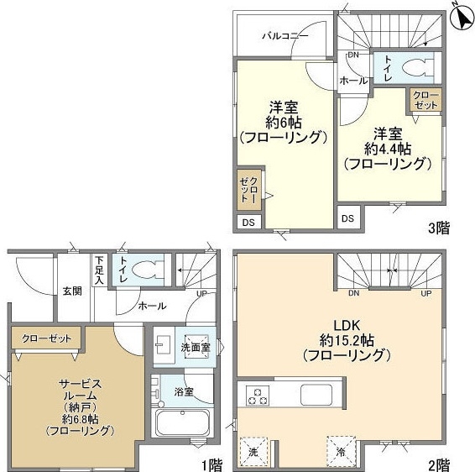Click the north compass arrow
coord(462,18)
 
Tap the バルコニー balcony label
coord(285,36)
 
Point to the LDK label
coord(347,326)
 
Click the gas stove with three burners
coord(258,396)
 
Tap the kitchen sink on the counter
coord(316,395)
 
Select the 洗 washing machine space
coord(253,453)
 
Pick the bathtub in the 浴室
coord(183,422)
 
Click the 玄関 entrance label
coord(73,291)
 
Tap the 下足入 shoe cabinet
coord(99,270)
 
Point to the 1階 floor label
coord(212,465)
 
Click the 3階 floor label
coord(439,228)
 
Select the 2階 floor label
coord(439,464)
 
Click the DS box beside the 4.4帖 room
coord(348,218)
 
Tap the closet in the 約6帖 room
coord(249,190)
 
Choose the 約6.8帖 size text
coord(80,419)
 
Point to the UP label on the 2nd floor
coord(426,293)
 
